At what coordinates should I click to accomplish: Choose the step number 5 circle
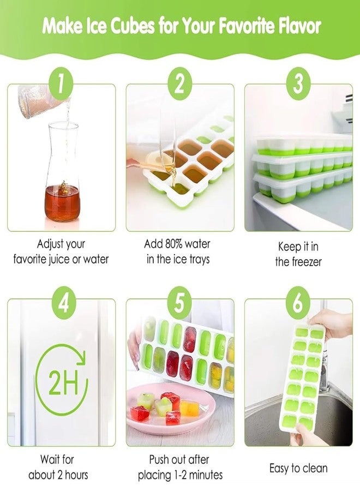179,302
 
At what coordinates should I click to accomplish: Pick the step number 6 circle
298,302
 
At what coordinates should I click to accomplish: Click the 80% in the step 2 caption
173,244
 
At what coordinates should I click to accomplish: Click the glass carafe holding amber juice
62,175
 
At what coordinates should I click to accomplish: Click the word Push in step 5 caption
161,459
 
